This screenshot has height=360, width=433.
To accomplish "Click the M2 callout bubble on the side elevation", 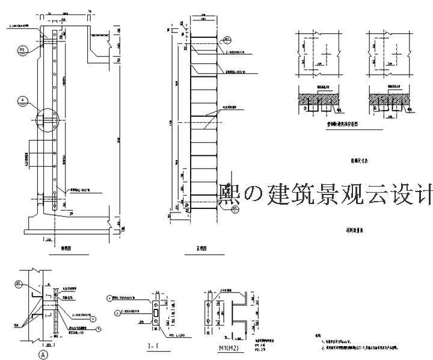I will tap(21, 49).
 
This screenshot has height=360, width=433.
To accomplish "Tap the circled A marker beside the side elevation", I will tap(22, 100).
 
